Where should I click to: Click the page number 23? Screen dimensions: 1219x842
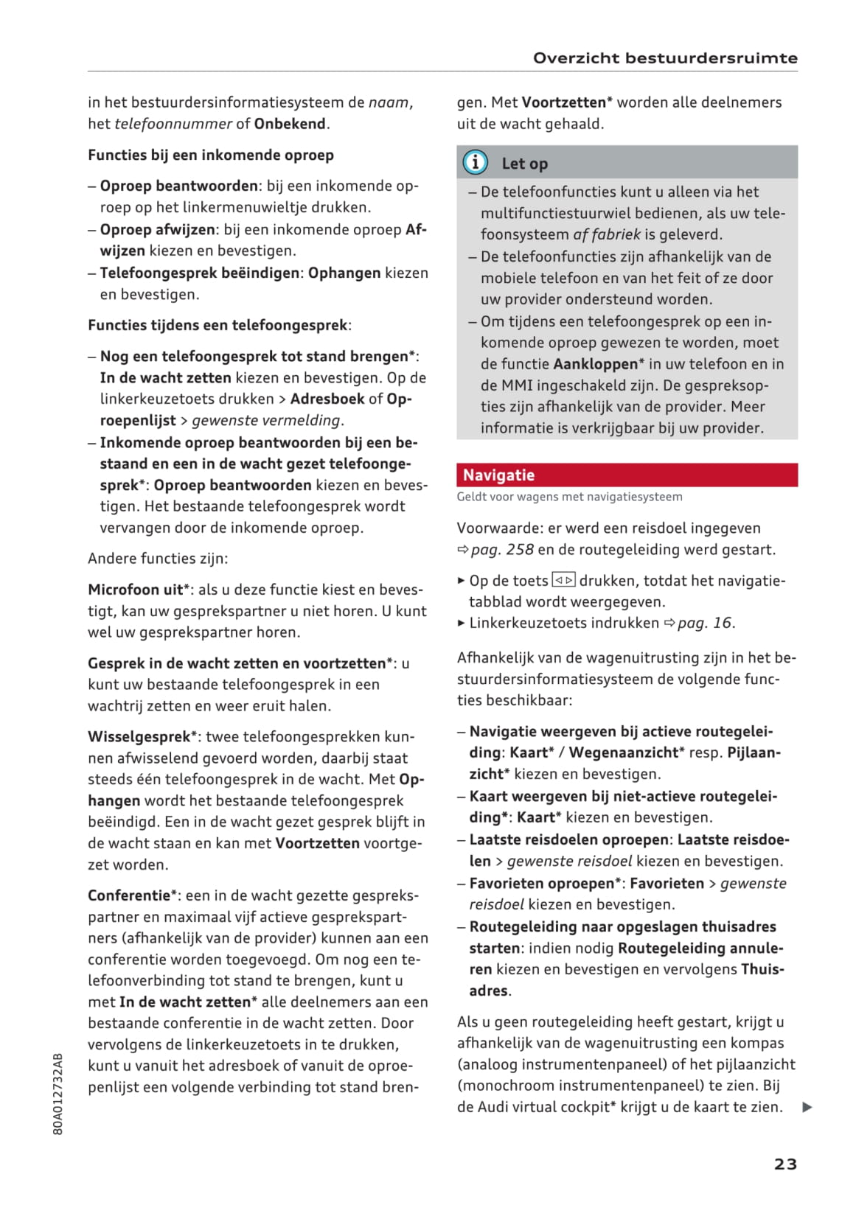[x=785, y=1164]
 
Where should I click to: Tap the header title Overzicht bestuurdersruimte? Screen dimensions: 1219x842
[x=665, y=58]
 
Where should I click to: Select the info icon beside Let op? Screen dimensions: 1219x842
[x=476, y=162]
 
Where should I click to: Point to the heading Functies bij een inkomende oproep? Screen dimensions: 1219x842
[x=211, y=155]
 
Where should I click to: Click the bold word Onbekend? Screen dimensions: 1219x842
[x=290, y=124]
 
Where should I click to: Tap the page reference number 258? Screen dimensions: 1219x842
[x=520, y=550]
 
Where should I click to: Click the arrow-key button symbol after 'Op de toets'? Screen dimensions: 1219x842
[x=563, y=581]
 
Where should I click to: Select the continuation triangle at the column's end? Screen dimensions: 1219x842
[x=807, y=1107]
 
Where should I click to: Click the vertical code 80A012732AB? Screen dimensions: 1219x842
[x=58, y=1094]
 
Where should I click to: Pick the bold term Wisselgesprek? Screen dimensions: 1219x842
[x=139, y=737]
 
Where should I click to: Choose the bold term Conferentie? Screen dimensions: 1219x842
[x=129, y=895]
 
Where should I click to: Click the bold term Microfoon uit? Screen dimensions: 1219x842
[x=136, y=590]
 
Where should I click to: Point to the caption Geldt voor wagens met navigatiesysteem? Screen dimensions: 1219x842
[x=569, y=497]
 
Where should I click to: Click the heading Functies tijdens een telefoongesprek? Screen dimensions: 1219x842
[x=219, y=325]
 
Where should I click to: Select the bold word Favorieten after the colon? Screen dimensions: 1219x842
[x=667, y=883]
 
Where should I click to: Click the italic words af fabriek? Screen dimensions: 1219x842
[x=607, y=235]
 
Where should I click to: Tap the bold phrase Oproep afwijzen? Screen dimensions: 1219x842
[x=158, y=230]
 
